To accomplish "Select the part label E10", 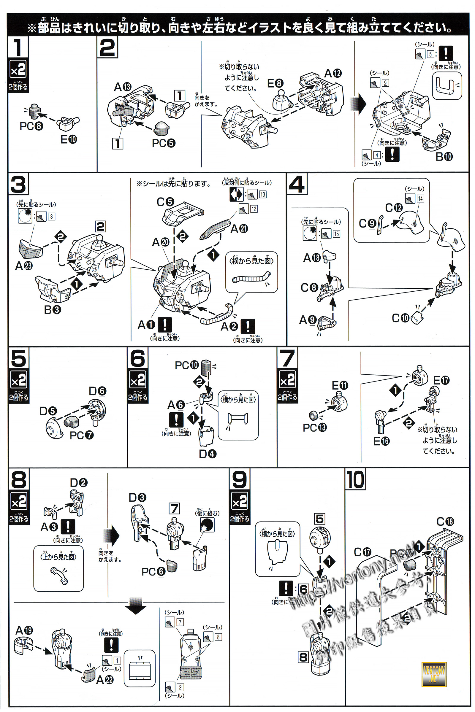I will pos(69,139).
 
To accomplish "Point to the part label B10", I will pos(444,157).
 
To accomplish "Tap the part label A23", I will pos(24,266).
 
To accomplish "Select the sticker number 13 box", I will pos(263,194).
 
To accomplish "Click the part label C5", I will pos(165,202).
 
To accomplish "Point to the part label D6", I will pos(97,391).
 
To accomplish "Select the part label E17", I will pos(441,380).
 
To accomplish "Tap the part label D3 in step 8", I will pos(137,498).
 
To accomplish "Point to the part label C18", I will pos(445,522).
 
